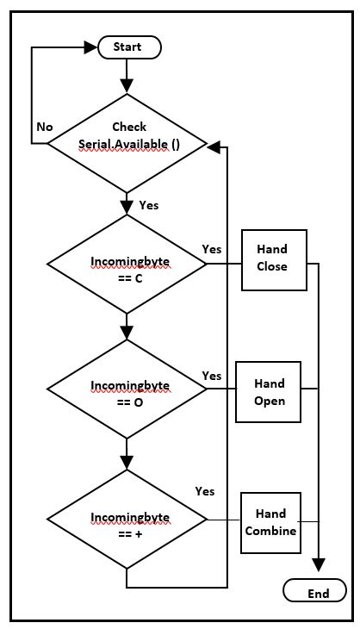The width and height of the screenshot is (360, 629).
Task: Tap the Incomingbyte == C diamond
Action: click(127, 265)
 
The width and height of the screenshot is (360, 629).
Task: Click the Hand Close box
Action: click(271, 257)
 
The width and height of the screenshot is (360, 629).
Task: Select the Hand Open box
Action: click(269, 391)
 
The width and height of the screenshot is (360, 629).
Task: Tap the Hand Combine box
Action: click(270, 521)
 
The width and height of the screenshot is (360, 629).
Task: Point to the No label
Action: click(45, 127)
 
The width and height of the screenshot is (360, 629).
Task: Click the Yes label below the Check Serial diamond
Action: click(149, 205)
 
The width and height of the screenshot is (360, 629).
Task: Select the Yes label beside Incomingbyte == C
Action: click(212, 249)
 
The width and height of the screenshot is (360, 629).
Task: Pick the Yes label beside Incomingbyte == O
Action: click(212, 376)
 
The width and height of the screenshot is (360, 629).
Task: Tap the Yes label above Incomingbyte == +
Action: click(205, 490)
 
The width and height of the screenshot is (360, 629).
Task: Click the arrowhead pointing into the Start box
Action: click(90, 47)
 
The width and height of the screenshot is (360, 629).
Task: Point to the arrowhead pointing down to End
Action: click(320, 564)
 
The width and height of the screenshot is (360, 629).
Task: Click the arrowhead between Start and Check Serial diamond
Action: click(127, 85)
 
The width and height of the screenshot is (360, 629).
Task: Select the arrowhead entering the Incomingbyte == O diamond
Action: click(127, 332)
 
